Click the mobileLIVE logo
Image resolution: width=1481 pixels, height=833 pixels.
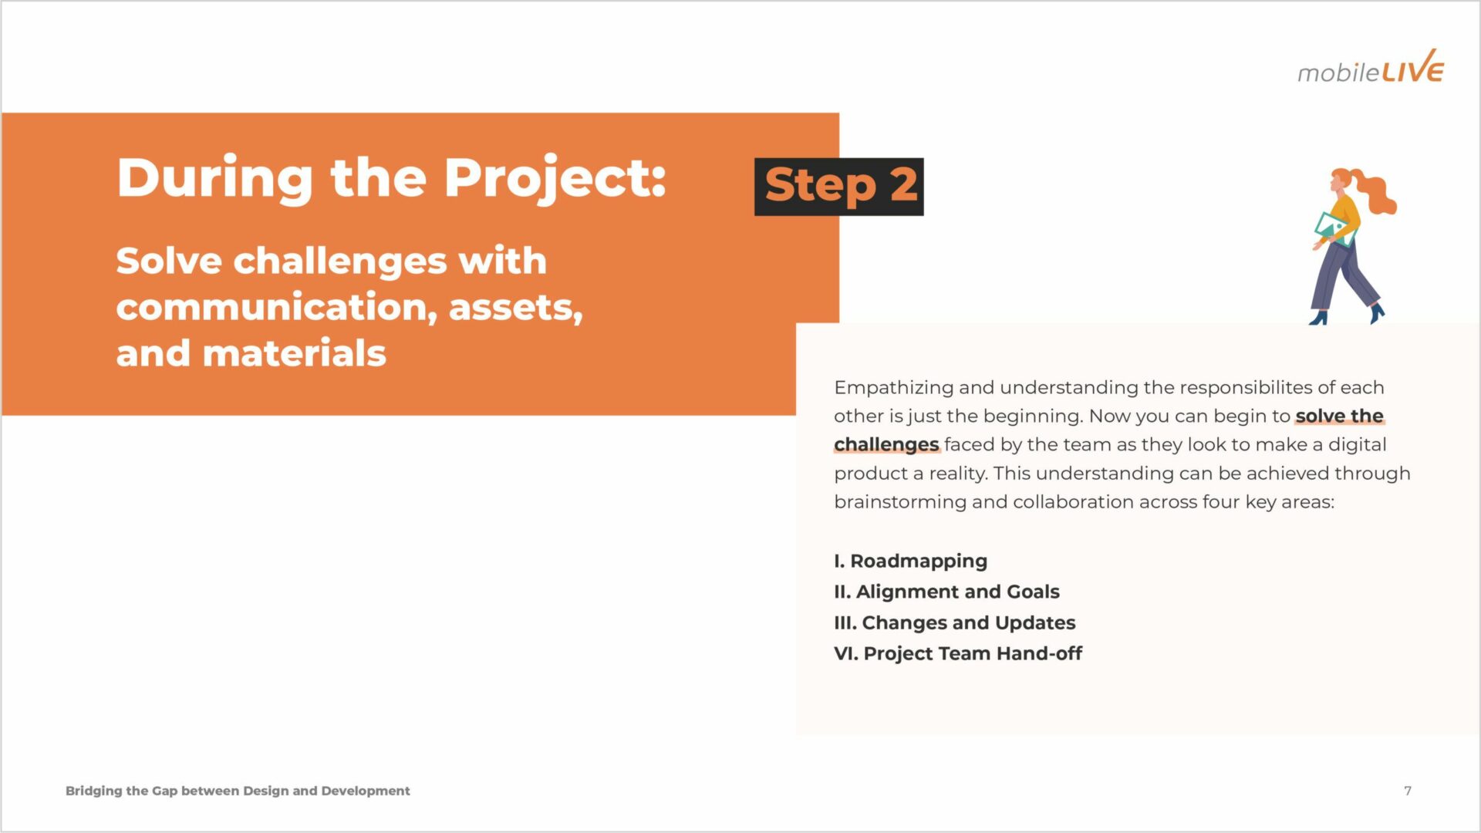tap(1371, 67)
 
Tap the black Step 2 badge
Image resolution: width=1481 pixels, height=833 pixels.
tap(839, 187)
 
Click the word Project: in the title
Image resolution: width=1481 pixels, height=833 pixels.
tap(555, 179)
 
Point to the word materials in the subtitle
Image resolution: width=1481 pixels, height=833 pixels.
tap(294, 353)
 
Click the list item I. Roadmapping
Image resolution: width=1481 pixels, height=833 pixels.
tap(910, 561)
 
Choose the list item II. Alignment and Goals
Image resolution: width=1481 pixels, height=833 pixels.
tap(946, 592)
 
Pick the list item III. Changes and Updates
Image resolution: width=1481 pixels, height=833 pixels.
tap(954, 622)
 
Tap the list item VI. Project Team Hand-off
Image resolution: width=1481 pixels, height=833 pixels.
tap(958, 653)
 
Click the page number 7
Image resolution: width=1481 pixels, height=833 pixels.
tap(1408, 791)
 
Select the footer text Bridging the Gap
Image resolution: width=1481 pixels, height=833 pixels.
tap(122, 791)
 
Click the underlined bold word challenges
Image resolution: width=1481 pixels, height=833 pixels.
tap(886, 445)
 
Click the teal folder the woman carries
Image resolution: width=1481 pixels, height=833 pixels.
tap(1332, 228)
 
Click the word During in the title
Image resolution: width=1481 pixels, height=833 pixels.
tap(215, 179)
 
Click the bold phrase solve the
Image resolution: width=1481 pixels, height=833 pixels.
tap(1339, 416)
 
